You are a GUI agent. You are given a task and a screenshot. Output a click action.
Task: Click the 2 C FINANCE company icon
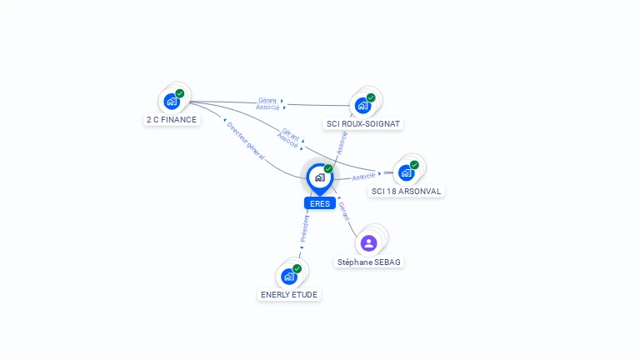point(172,102)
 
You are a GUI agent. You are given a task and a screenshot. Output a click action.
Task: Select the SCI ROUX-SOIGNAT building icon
point(362,105)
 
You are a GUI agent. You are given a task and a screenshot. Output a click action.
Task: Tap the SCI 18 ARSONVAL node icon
point(406,172)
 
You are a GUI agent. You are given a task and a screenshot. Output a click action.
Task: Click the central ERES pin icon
point(319,177)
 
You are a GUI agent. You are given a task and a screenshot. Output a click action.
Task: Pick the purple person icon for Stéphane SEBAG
point(368,243)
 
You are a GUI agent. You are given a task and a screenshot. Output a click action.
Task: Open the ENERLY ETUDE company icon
point(288,277)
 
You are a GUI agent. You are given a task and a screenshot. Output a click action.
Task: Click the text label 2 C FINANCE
point(172,120)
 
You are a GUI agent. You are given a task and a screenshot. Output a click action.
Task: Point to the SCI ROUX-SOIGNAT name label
point(363,124)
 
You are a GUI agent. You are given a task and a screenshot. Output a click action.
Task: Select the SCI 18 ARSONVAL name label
point(407,192)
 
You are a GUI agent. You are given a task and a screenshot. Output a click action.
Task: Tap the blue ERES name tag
point(319,203)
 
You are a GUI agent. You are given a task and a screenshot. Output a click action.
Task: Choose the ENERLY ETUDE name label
point(289,295)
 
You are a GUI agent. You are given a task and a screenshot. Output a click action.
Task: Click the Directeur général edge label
point(246,139)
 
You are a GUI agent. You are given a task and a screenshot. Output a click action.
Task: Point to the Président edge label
point(304,230)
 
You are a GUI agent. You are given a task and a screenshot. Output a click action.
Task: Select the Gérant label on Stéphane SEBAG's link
point(344,210)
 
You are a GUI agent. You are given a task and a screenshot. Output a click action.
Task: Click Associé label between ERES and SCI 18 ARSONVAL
point(363,177)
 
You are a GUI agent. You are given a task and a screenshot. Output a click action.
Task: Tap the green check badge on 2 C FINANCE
point(180,93)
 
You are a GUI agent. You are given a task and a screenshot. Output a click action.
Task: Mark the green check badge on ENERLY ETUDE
point(297,268)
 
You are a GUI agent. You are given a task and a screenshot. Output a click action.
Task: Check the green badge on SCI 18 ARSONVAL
point(414,164)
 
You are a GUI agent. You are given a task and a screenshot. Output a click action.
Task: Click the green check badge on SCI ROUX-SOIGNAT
point(371,97)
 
